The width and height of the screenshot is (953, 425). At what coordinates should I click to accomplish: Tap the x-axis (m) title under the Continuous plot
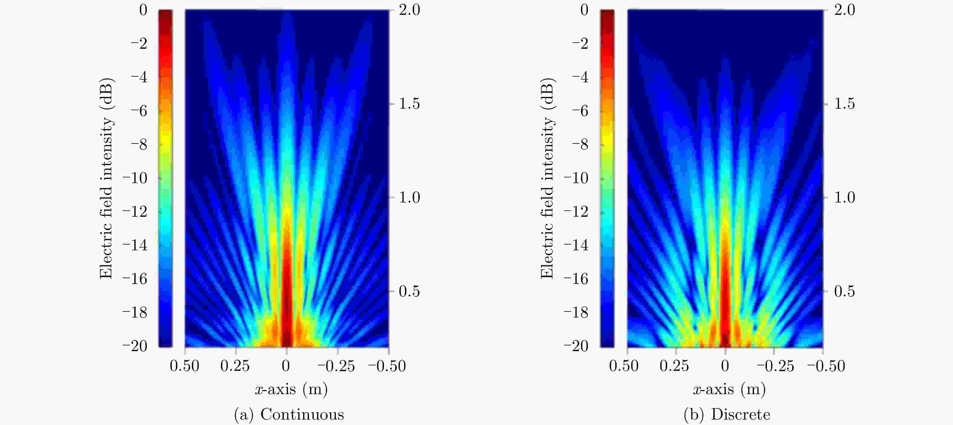click(291, 389)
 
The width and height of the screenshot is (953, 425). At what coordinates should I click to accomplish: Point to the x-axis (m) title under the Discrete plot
click(729, 389)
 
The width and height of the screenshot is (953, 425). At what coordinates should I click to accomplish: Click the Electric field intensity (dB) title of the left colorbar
click(106, 178)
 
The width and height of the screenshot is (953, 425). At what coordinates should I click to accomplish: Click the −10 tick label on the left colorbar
click(135, 178)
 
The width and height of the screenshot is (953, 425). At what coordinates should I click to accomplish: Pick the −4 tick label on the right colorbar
click(580, 77)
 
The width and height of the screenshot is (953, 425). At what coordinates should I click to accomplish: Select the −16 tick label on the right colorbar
click(576, 279)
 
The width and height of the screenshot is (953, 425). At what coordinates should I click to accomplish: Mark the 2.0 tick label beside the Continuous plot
click(409, 10)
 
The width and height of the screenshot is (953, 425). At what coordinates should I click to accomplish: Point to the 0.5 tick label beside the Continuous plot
click(409, 291)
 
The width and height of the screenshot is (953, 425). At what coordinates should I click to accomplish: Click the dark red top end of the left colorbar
click(165, 15)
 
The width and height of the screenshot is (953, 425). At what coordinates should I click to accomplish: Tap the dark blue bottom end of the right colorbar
click(607, 342)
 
